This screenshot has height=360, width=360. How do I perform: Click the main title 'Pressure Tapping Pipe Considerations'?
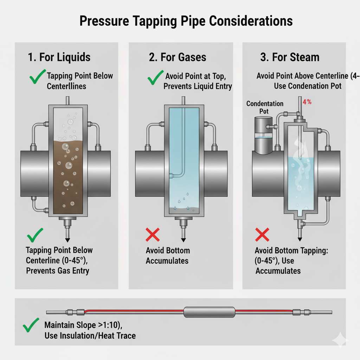tap(186, 21)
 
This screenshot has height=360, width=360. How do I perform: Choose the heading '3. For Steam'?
tap(290, 57)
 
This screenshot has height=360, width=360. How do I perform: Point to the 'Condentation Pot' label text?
tap(265, 107)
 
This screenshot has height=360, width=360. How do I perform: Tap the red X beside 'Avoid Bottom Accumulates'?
tap(153, 234)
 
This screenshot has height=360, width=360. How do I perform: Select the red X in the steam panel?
tap(262, 234)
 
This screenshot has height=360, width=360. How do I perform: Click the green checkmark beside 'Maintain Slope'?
tap(31, 326)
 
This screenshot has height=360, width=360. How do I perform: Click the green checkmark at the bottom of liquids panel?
tap(35, 234)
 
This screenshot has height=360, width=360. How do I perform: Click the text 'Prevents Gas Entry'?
tap(58, 271)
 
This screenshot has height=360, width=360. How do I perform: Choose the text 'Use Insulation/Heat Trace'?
tap(90, 335)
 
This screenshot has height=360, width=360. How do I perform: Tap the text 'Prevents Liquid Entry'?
tap(198, 86)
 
